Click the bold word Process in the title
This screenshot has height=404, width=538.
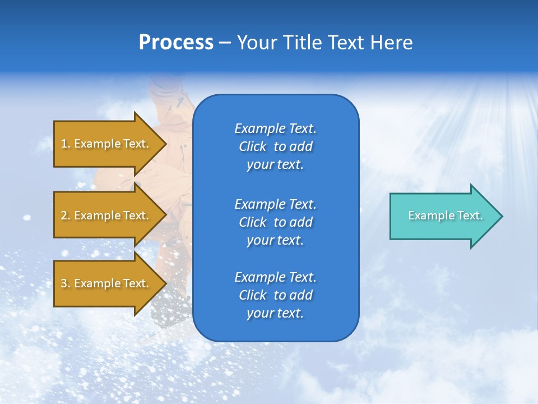point(176,43)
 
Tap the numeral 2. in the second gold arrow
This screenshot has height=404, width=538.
point(66,215)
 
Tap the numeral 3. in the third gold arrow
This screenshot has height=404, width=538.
point(66,283)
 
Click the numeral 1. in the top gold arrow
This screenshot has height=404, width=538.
point(65,144)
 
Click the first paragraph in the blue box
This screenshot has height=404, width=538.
point(275,146)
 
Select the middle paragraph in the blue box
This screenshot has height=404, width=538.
point(275,222)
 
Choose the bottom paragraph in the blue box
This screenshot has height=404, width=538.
point(275,295)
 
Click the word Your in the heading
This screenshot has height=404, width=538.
point(256,43)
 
